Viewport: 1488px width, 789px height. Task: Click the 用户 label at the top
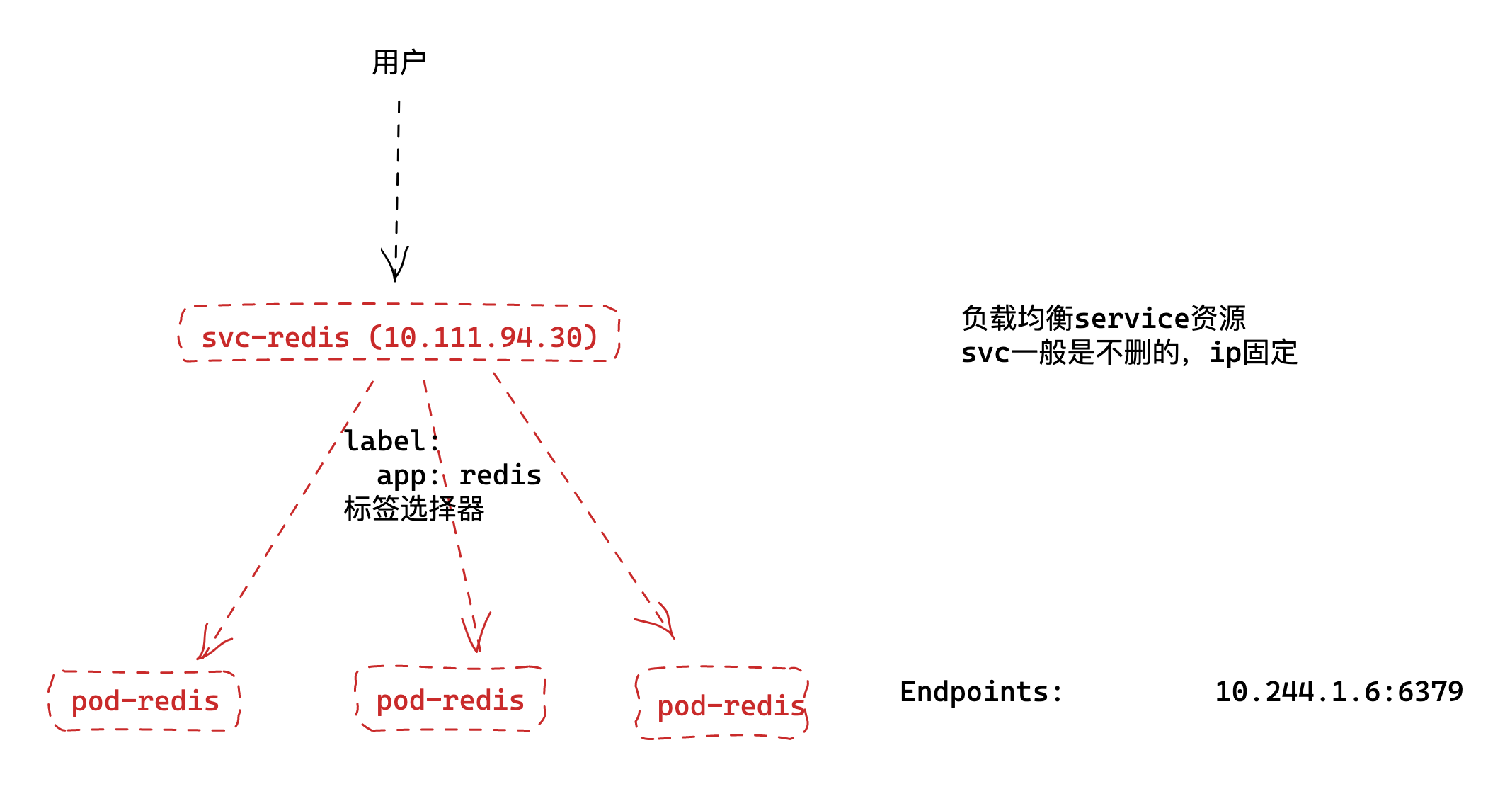[x=399, y=62]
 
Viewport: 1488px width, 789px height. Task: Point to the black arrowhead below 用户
[x=395, y=266]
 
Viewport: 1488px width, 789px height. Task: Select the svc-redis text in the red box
[x=276, y=338]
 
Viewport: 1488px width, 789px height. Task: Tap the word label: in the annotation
[x=391, y=441]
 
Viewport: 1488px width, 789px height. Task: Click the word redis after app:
[x=500, y=475]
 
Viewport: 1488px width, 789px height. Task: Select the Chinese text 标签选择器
[x=414, y=509]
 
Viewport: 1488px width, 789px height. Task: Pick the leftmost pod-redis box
[x=144, y=700]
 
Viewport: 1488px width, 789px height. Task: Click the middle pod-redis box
[x=450, y=700]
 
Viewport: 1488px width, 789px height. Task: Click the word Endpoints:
[x=981, y=692]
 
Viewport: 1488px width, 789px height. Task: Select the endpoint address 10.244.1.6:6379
[x=1339, y=692]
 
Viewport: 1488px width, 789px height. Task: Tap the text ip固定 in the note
[x=1253, y=353]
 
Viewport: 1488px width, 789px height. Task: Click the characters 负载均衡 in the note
[x=1017, y=319]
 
